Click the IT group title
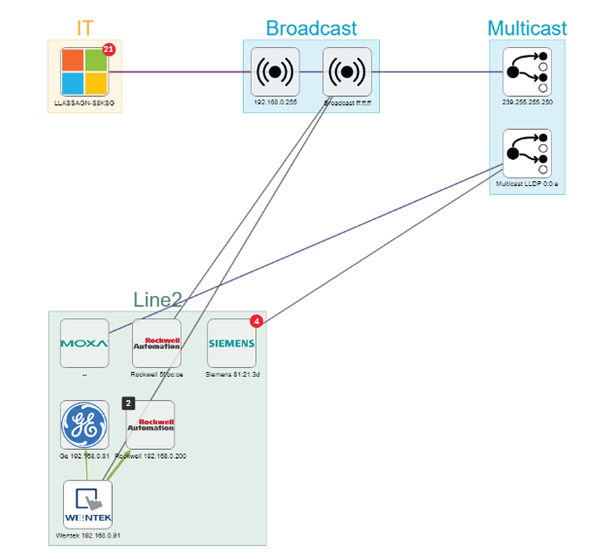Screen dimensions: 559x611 (x=85, y=28)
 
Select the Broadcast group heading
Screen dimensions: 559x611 (x=311, y=28)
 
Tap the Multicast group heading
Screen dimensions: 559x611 (x=527, y=28)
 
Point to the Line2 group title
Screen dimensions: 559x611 (x=158, y=300)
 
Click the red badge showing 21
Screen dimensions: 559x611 (x=108, y=49)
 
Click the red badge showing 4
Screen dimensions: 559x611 (x=256, y=321)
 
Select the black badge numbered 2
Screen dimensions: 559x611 (x=128, y=403)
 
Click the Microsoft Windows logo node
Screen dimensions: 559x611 (x=84, y=72)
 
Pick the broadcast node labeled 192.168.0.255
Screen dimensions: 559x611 (x=275, y=72)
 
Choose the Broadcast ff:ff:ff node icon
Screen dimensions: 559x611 (x=347, y=72)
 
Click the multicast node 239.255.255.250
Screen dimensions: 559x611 (x=527, y=72)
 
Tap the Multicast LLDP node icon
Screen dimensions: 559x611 (x=527, y=154)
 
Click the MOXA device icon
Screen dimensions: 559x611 (x=84, y=343)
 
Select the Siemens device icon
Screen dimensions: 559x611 (x=232, y=343)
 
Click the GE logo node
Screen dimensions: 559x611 (x=84, y=425)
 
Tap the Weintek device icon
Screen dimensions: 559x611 (x=88, y=504)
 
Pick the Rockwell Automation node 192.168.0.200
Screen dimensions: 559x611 (x=151, y=425)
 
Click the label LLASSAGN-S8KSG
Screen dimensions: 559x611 (x=84, y=103)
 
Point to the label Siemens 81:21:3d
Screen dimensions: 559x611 (x=232, y=374)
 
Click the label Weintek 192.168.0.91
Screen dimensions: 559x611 (x=88, y=535)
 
